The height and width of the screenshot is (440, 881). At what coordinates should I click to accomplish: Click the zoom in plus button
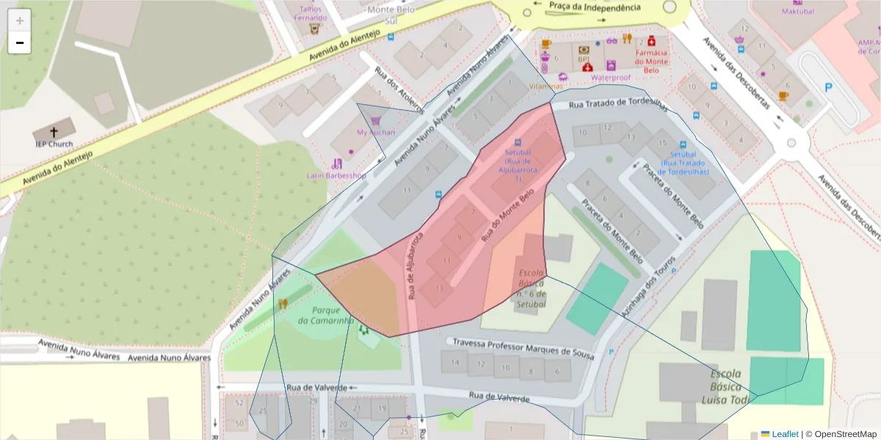pyautogui.click(x=20, y=21)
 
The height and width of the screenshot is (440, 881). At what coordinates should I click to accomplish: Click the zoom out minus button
pyautogui.click(x=20, y=43)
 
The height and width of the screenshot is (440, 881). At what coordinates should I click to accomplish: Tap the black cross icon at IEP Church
pyautogui.click(x=54, y=133)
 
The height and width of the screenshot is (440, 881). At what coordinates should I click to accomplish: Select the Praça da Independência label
pyautogui.click(x=595, y=7)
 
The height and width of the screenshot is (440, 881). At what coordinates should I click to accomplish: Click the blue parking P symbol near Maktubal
pyautogui.click(x=829, y=88)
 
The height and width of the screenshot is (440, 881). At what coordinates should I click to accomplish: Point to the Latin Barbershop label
pyautogui.click(x=336, y=176)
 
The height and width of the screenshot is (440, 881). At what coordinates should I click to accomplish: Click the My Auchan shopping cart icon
pyautogui.click(x=375, y=121)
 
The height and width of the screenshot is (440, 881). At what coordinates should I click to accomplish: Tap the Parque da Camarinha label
pyautogui.click(x=326, y=315)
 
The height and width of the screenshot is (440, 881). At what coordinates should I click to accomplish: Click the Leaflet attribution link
pyautogui.click(x=784, y=434)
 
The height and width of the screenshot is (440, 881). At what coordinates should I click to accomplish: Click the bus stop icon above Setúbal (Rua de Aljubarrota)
pyautogui.click(x=518, y=142)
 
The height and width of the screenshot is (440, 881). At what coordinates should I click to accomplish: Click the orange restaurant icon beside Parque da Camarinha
pyautogui.click(x=283, y=304)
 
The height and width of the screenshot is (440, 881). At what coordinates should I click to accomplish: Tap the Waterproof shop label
pyautogui.click(x=611, y=77)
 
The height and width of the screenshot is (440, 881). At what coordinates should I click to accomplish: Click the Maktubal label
pyautogui.click(x=798, y=12)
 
